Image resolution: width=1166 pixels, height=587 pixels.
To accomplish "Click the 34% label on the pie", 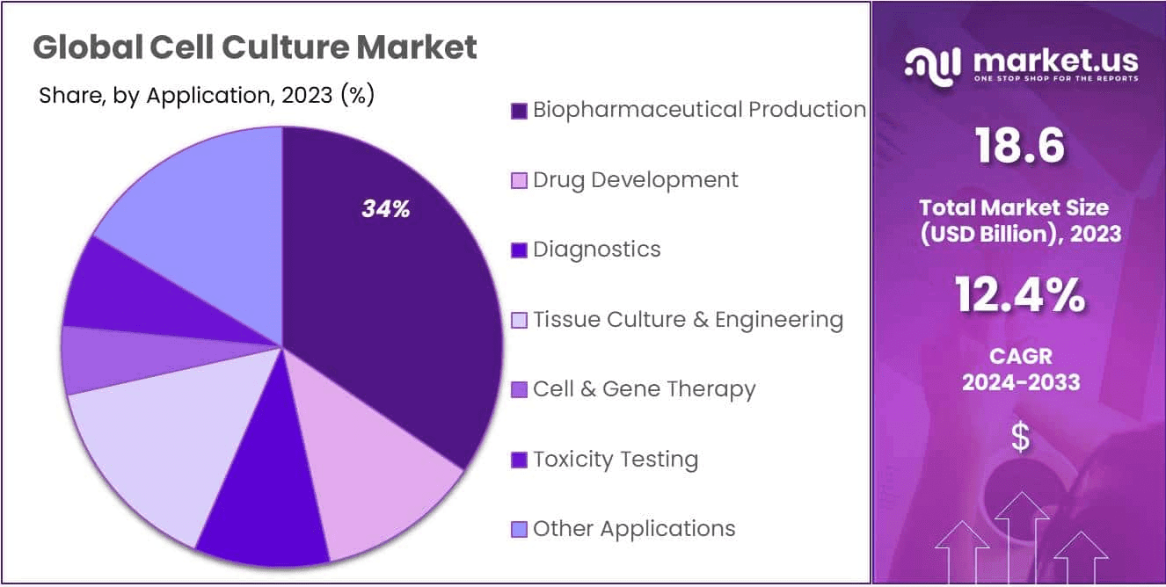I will coord(385,209).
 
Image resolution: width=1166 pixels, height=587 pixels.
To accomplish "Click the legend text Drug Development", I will coord(635,180).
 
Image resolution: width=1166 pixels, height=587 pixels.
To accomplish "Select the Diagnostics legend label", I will coord(596,250).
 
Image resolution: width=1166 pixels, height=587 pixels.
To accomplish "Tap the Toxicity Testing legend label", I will coord(616,459).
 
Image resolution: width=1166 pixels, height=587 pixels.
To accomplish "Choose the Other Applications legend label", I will coord(633,528).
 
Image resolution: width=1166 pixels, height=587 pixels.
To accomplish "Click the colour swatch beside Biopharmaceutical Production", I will coord(519,111).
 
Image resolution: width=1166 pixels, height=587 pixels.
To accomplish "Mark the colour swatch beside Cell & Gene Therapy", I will coord(519,389).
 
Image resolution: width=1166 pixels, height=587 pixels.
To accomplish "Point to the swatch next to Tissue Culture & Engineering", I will coord(519,320).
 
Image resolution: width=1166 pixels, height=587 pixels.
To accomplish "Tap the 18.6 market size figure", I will coord(1020,146).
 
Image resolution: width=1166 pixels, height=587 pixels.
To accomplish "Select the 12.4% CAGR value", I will coord(1020,296).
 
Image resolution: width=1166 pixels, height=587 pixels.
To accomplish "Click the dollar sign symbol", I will coord(1020,437).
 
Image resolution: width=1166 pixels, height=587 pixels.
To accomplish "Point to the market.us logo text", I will coord(1055,62).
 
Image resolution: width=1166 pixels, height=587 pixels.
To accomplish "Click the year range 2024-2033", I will coord(1020,382).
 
